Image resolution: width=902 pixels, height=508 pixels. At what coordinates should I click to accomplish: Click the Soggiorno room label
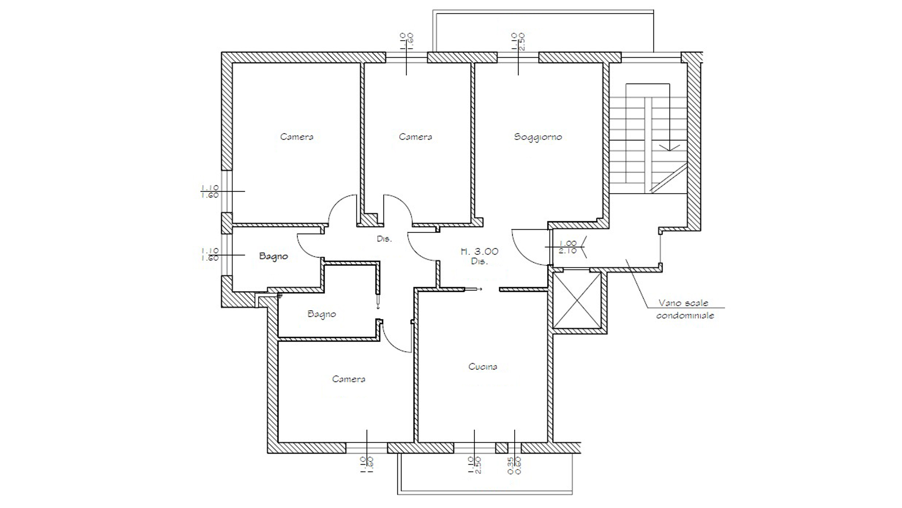538,137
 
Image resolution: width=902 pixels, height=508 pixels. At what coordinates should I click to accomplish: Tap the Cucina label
483,367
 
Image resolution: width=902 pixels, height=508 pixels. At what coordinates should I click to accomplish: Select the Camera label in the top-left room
296,137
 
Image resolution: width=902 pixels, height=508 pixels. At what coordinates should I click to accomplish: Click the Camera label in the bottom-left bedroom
348,379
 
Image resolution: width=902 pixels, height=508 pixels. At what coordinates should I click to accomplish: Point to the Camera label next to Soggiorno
415,137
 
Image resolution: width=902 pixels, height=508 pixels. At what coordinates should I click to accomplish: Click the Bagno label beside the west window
273,256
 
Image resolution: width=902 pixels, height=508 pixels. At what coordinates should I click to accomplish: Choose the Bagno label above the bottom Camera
322,314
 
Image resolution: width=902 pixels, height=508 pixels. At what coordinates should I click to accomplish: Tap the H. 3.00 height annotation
479,251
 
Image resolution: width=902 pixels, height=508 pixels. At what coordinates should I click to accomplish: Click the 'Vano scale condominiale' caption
684,309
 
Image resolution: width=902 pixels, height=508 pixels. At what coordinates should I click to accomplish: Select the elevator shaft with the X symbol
577,300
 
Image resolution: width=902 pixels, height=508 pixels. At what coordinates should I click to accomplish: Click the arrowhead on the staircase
669,147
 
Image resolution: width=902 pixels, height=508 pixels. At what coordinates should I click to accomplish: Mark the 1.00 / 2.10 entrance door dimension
567,247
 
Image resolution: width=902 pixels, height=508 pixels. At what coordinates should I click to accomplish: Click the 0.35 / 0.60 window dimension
514,465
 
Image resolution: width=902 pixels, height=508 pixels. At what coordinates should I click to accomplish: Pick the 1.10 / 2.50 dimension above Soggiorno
518,42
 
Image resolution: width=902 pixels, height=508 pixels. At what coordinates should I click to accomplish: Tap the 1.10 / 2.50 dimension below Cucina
474,465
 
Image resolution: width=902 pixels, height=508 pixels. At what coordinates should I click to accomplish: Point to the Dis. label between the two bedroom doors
384,239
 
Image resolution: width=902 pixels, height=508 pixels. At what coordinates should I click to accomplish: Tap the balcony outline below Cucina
485,493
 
